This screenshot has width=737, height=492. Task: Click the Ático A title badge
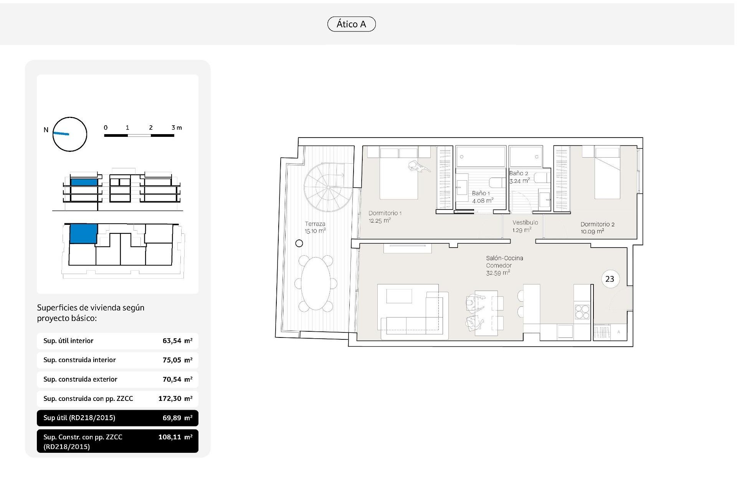pyautogui.click(x=351, y=24)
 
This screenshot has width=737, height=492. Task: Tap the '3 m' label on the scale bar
pyautogui.click(x=177, y=128)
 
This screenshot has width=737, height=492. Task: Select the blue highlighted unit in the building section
pyautogui.click(x=84, y=182)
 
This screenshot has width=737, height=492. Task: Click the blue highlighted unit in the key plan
pyautogui.click(x=83, y=234)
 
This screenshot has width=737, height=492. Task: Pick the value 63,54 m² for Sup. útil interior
pyautogui.click(x=177, y=341)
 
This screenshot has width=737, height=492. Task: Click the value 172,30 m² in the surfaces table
pyautogui.click(x=175, y=399)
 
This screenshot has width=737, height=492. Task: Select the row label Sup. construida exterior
pyautogui.click(x=80, y=379)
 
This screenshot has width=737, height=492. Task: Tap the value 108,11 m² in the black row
pyautogui.click(x=175, y=437)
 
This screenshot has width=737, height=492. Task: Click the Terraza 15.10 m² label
pyautogui.click(x=315, y=228)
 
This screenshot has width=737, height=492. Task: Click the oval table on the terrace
pyautogui.click(x=316, y=283)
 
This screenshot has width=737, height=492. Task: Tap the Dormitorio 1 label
pyautogui.click(x=385, y=213)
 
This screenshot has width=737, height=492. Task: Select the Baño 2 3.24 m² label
pyautogui.click(x=519, y=177)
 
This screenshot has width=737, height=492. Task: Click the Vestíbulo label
pyautogui.click(x=525, y=223)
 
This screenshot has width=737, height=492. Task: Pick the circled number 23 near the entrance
pyautogui.click(x=610, y=279)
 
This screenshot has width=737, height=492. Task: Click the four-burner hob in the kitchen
pyautogui.click(x=582, y=312)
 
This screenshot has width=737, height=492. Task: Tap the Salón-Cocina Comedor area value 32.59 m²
pyautogui.click(x=498, y=273)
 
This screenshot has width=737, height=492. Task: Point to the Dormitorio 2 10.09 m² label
pyautogui.click(x=597, y=228)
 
